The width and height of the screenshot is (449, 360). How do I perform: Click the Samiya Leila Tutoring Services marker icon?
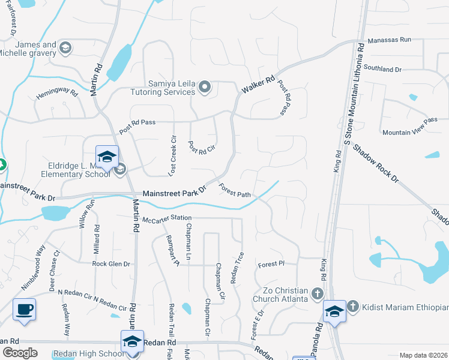coord(205,88)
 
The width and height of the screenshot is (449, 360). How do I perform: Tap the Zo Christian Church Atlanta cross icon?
coord(317,294)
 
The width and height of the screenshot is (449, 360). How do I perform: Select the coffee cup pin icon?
coord(24,310)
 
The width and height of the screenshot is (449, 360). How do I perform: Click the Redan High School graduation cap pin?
coord(132,341)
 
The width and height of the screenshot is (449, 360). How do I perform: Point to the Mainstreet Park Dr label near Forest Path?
coord(174,193)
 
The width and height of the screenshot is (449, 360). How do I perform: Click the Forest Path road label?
coord(235,190)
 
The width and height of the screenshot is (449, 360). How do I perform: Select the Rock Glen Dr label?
coord(111,263)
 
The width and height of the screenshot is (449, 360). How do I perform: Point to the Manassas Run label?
coord(390,40)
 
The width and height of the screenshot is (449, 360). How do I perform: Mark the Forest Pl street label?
coord(270,264)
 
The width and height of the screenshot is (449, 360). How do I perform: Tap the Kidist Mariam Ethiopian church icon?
coord(353,307)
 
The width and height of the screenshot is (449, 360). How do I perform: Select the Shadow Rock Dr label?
coord(375,163)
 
